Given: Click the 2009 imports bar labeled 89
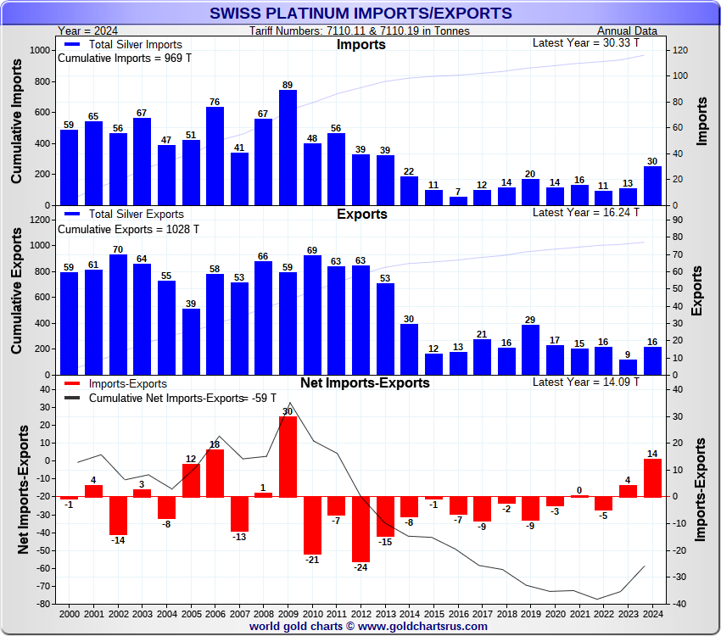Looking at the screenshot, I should pos(288,148).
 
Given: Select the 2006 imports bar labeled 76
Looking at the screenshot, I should pos(215,156).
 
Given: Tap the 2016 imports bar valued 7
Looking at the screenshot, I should pos(458,201).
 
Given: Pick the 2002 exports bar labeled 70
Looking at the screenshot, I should pos(118,315).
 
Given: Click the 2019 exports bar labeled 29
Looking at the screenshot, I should pos(531,350).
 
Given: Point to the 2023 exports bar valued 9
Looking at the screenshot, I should pos(629,367).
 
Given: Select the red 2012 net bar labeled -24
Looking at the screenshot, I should pos(360,529).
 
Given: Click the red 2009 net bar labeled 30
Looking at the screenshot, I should pos(288,456).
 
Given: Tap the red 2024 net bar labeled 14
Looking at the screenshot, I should pos(652,478).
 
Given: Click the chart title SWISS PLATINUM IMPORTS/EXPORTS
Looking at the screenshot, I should pos(360,13).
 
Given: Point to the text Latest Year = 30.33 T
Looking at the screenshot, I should pos(585,42).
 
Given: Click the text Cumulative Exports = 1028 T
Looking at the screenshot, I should pos(128,229).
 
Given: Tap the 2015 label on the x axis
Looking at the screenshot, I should pos(433,612).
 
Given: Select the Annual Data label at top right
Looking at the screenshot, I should pos(627,31).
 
